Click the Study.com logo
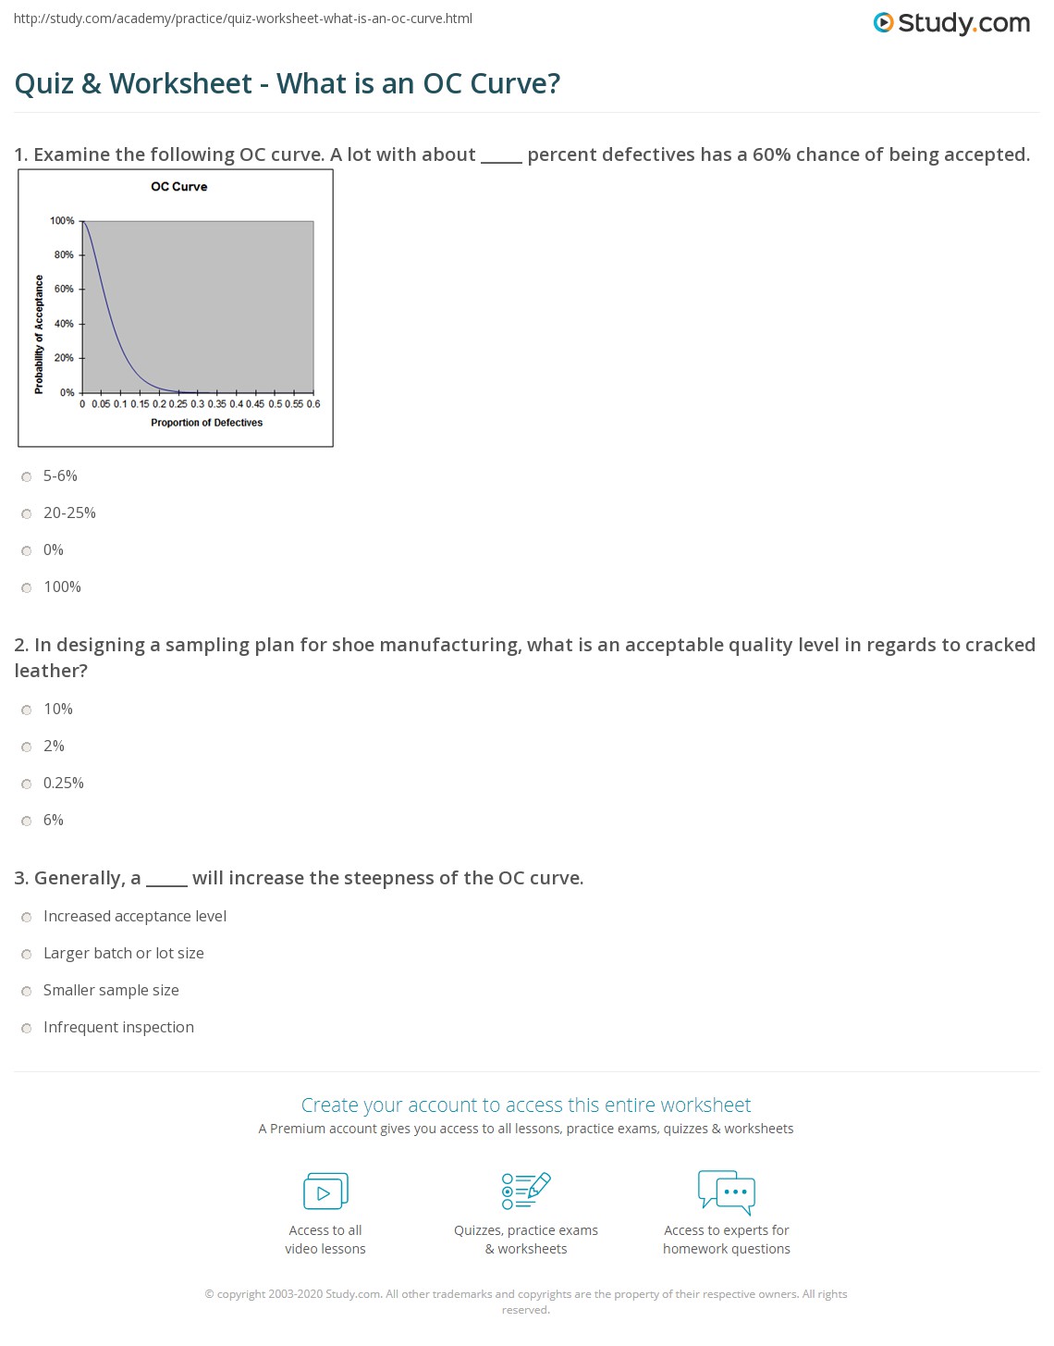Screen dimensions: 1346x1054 tap(951, 23)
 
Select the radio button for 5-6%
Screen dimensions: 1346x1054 tap(27, 477)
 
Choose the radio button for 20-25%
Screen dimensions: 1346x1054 tap(27, 514)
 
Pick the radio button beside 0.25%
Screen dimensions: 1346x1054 tap(27, 784)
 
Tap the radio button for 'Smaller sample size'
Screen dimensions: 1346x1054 tap(27, 992)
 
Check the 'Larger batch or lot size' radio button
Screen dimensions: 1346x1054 tap(27, 955)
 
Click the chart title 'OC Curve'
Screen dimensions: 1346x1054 tap(179, 187)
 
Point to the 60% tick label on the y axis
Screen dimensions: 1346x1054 tap(63, 289)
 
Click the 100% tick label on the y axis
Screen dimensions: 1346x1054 tap(62, 221)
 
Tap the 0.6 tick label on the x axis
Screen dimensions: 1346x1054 tap(313, 404)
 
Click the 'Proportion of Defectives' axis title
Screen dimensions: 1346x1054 tap(206, 423)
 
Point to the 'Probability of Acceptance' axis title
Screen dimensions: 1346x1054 tap(39, 335)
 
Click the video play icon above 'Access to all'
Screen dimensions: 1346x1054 tap(325, 1192)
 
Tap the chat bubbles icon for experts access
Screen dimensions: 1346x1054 tap(727, 1192)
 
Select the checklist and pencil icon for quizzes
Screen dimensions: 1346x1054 tap(526, 1192)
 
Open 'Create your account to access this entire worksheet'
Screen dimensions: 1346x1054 tap(526, 1105)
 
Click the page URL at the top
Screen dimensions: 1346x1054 tap(243, 19)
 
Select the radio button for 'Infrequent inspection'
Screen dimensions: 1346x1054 tap(27, 1029)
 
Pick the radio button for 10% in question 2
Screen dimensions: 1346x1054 tap(27, 710)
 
